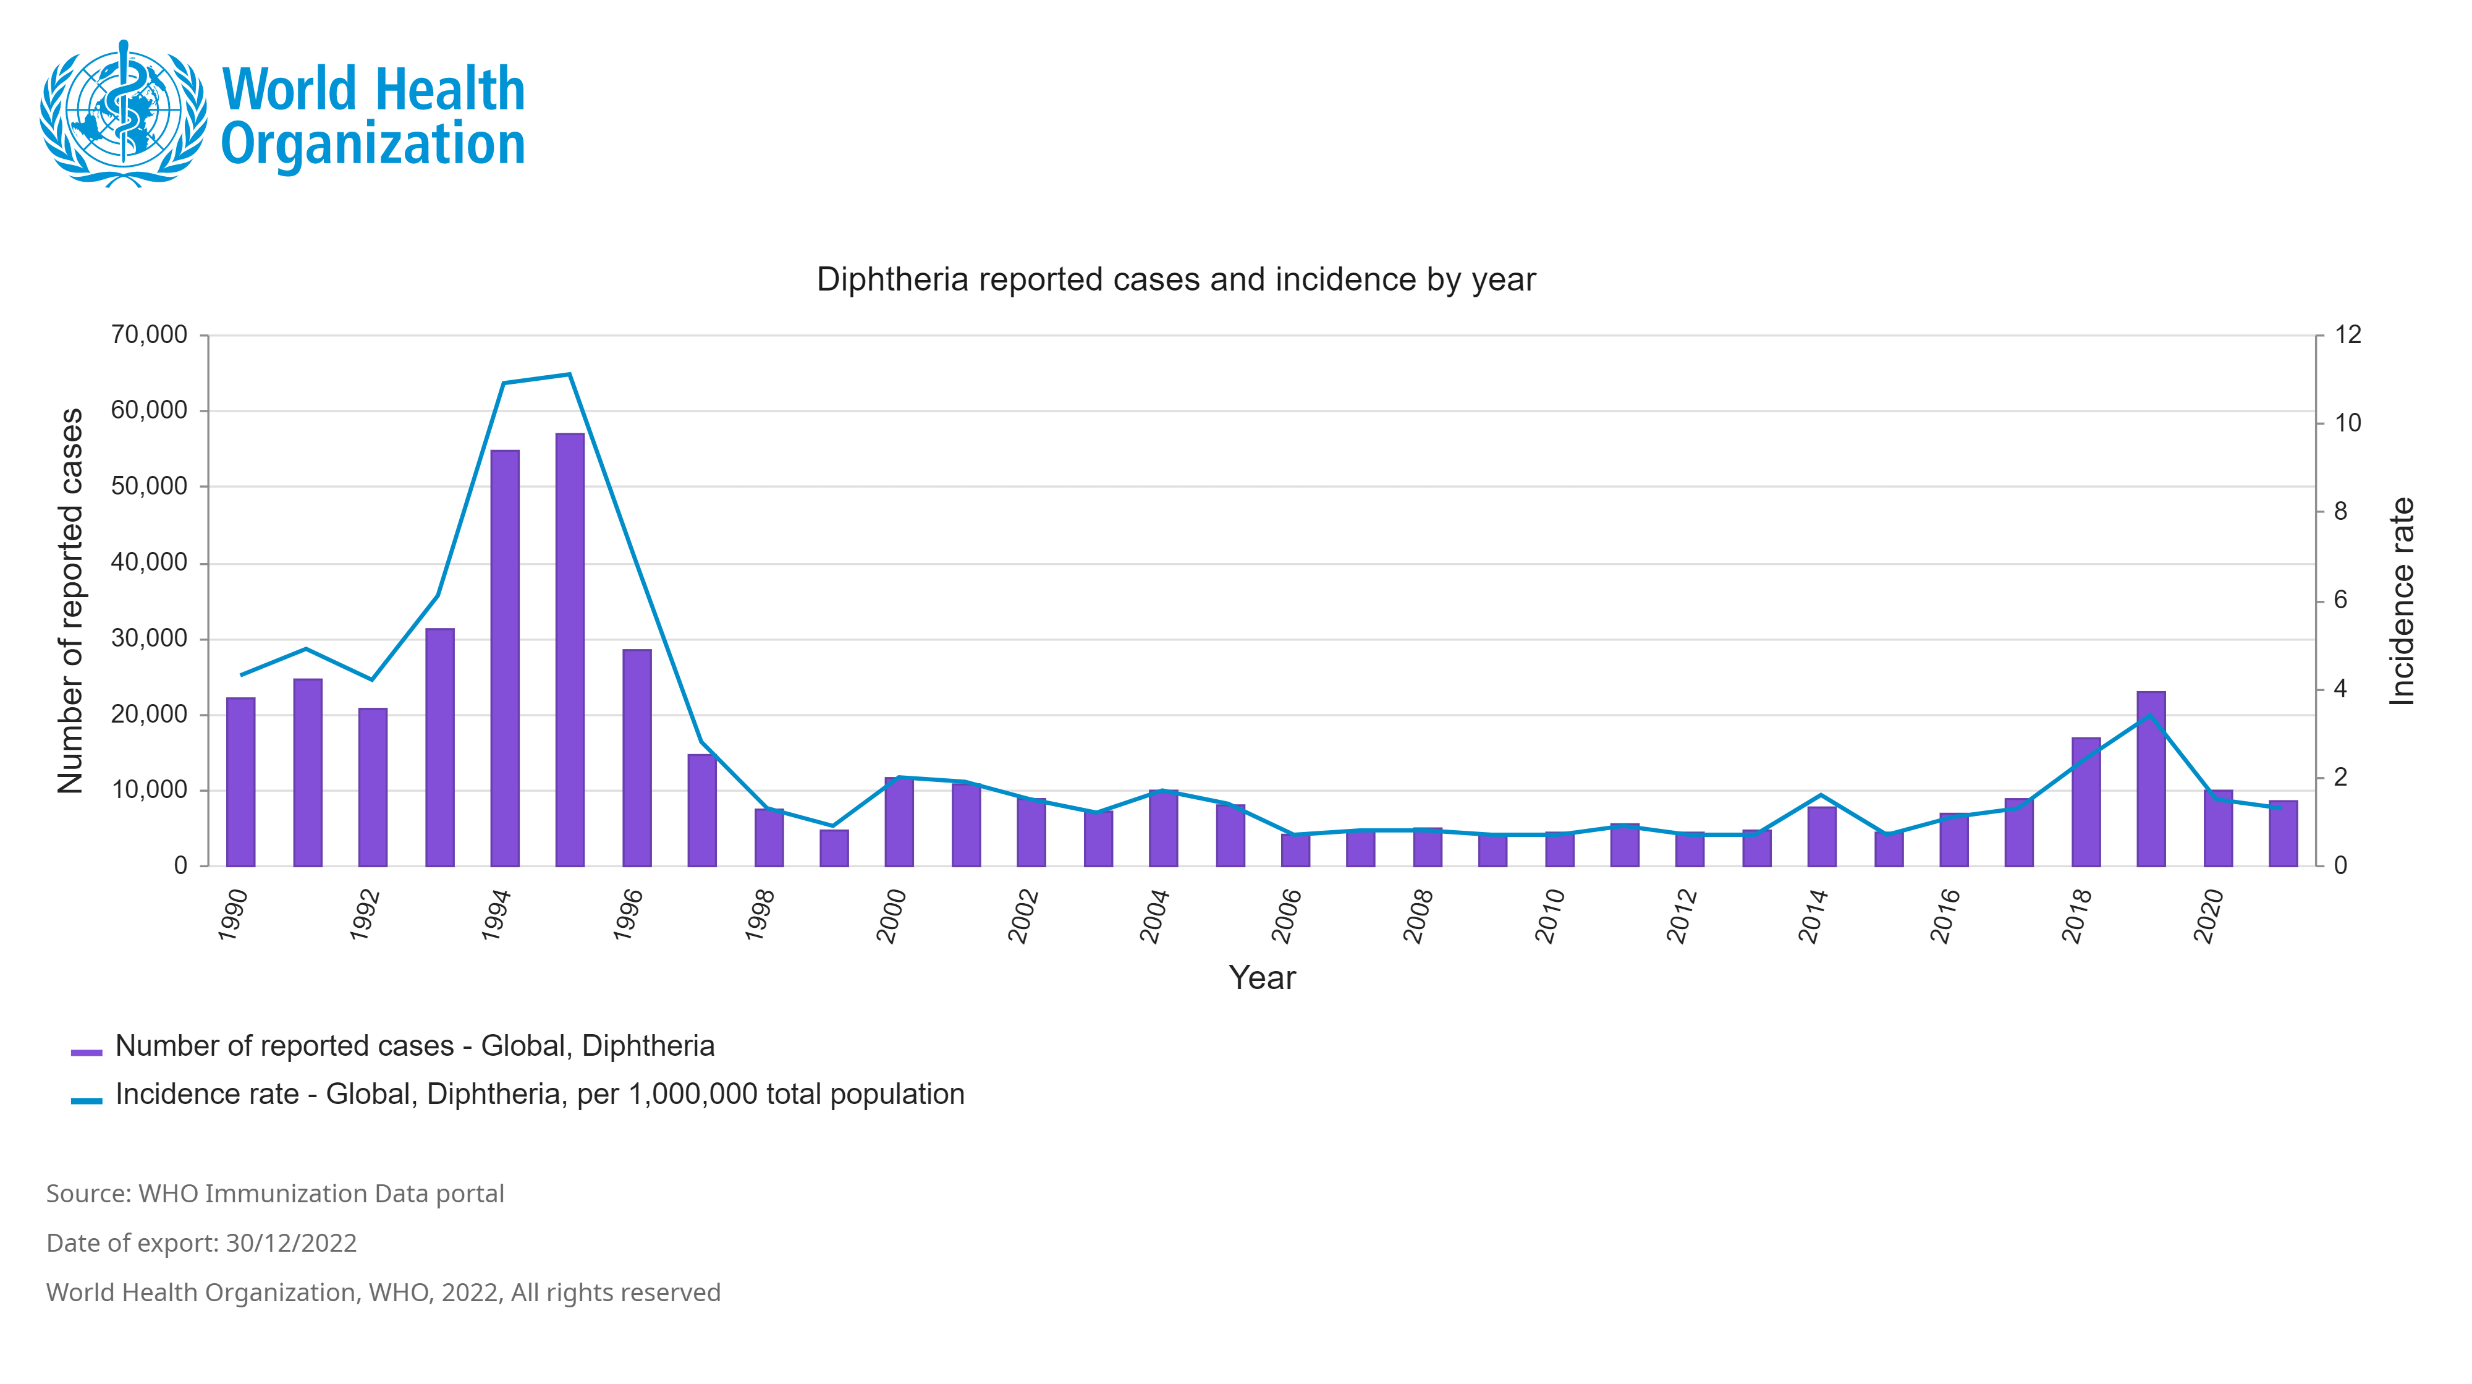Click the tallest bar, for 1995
tap(569, 650)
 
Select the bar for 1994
tap(505, 658)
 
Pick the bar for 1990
tap(241, 781)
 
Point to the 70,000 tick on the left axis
tap(149, 335)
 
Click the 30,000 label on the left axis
tap(149, 639)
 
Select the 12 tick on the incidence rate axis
tap(2347, 335)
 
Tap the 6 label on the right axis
tap(2340, 600)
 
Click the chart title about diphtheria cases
tap(1175, 279)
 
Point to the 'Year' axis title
tap(1262, 978)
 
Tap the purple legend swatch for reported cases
tap(87, 1052)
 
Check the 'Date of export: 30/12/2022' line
tap(201, 1243)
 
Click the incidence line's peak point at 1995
tap(569, 373)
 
